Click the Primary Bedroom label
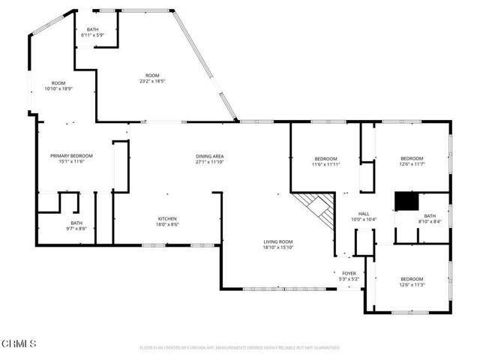point(71,156)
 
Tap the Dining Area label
point(210,156)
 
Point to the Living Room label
point(277,242)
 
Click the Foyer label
point(349,274)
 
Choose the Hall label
point(364,214)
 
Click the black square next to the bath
point(406,202)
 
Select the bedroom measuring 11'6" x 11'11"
point(325,161)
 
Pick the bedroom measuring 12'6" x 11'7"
point(412,161)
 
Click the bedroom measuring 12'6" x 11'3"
point(412,282)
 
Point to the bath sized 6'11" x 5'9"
point(92,32)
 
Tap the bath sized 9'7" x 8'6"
point(76,226)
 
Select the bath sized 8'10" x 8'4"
point(429,218)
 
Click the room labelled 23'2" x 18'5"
point(152,79)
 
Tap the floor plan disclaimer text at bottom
point(239,348)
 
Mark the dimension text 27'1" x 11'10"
point(210,162)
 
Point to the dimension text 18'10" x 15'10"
point(277,247)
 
